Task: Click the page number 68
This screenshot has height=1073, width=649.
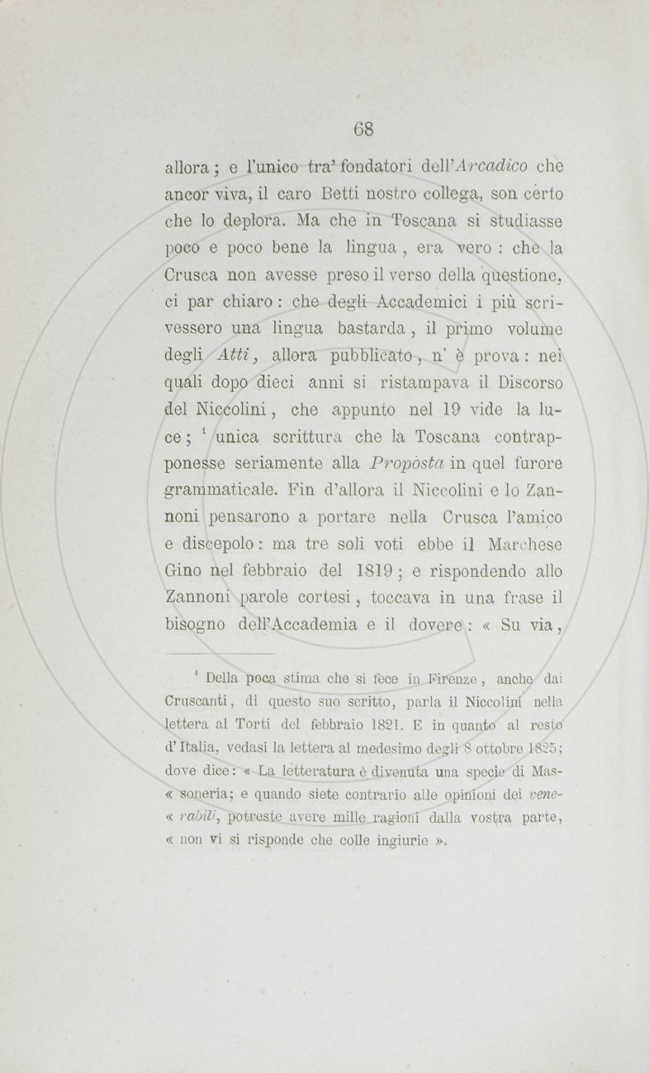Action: pos(364,129)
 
